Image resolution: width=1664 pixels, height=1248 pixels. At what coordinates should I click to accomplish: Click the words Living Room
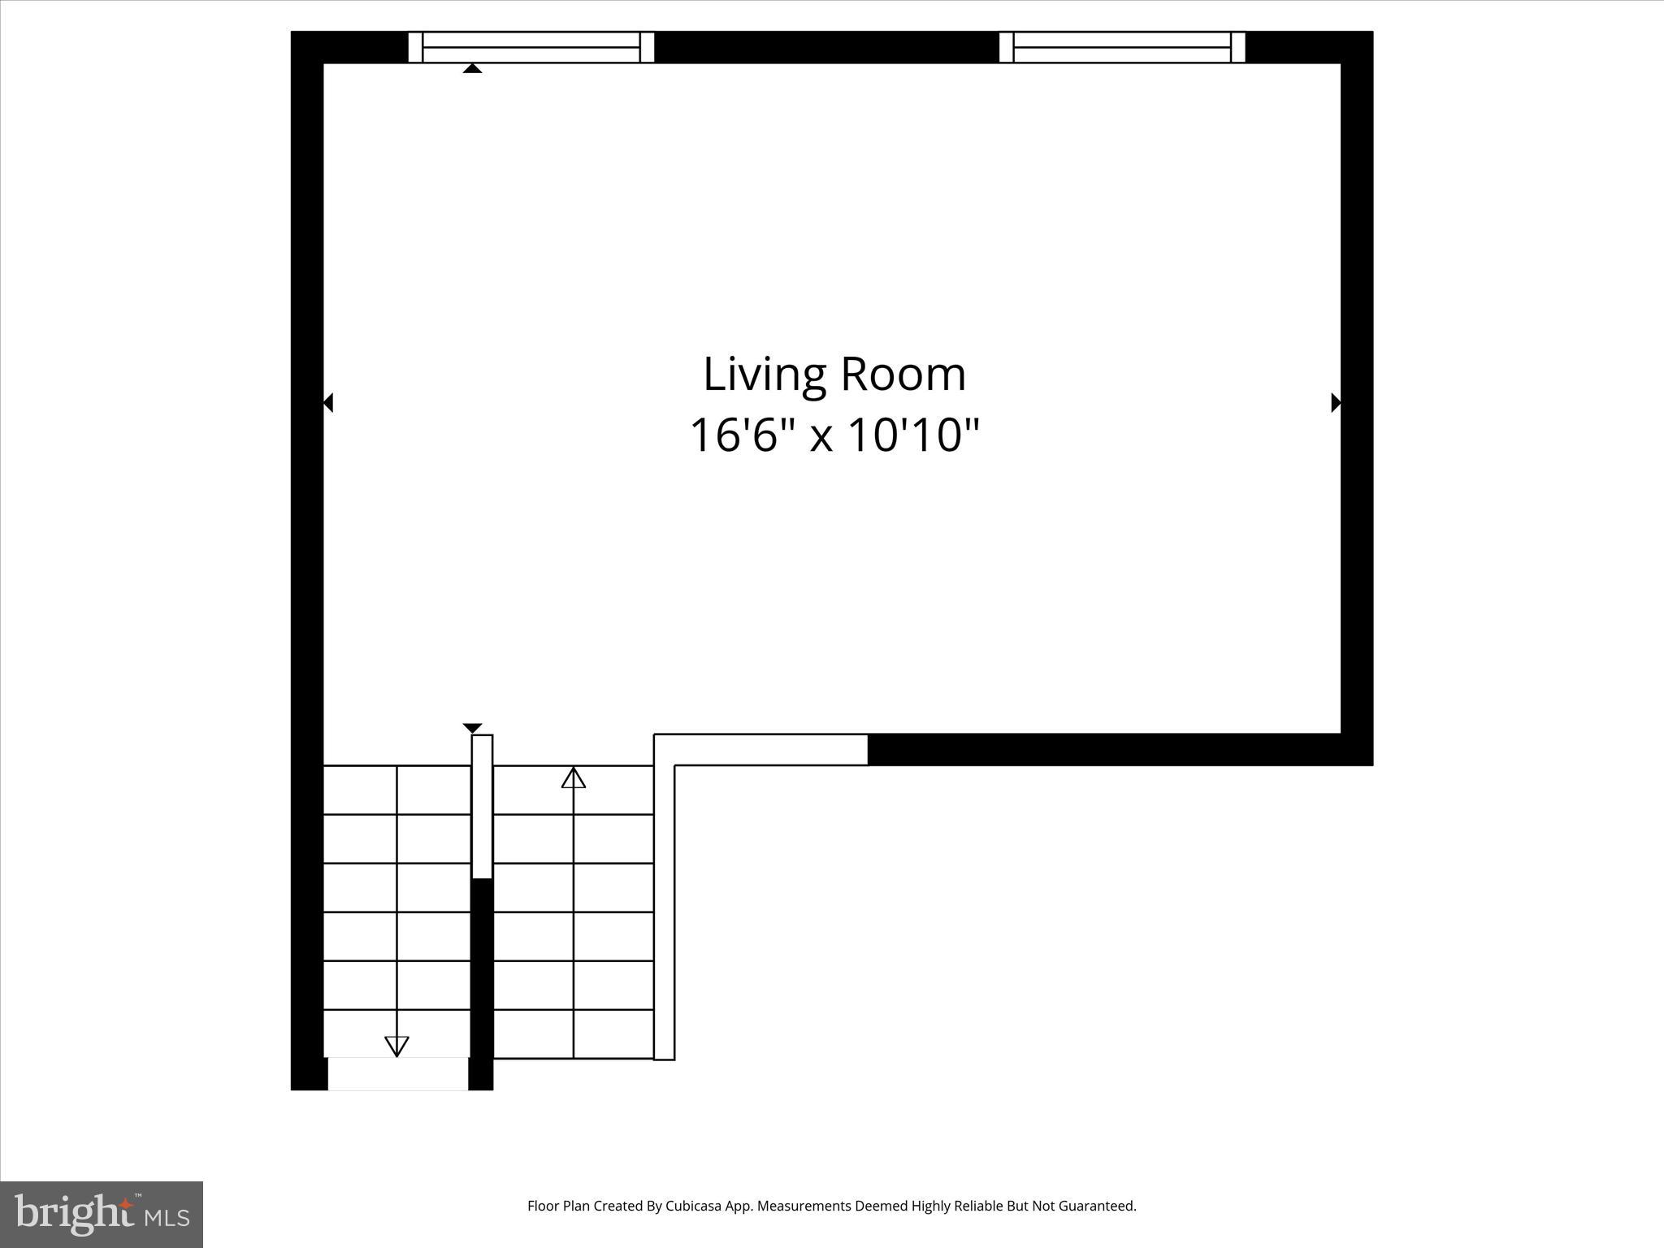pos(834,375)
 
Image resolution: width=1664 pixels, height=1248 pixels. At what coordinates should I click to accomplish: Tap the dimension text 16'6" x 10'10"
pos(834,435)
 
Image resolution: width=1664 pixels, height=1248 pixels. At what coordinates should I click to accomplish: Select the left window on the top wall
pos(531,47)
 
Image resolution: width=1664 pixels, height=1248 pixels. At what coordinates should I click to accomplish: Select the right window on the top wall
pos(1122,47)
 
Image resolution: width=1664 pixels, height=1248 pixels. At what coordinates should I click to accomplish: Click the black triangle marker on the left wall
pos(328,402)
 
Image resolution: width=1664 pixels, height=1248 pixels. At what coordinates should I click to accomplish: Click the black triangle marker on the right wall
pos(1335,402)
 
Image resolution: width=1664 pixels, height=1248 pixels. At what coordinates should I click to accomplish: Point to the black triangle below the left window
pos(472,68)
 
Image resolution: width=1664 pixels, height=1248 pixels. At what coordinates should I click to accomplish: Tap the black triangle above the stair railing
pos(472,727)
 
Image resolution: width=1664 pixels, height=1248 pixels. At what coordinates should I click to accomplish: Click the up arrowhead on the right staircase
pos(574,778)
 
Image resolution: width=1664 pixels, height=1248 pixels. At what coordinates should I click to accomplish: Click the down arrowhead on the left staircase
pos(396,1046)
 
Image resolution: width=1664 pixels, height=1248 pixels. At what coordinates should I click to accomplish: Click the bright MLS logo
pos(102,1214)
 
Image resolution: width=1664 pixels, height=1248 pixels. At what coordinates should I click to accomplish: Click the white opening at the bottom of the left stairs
pos(398,1073)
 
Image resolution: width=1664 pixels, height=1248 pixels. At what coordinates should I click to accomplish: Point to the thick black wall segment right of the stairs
pos(1120,749)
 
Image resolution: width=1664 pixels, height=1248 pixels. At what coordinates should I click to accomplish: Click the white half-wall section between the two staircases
pos(483,806)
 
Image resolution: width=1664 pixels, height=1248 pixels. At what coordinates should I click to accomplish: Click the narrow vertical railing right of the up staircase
pos(665,910)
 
